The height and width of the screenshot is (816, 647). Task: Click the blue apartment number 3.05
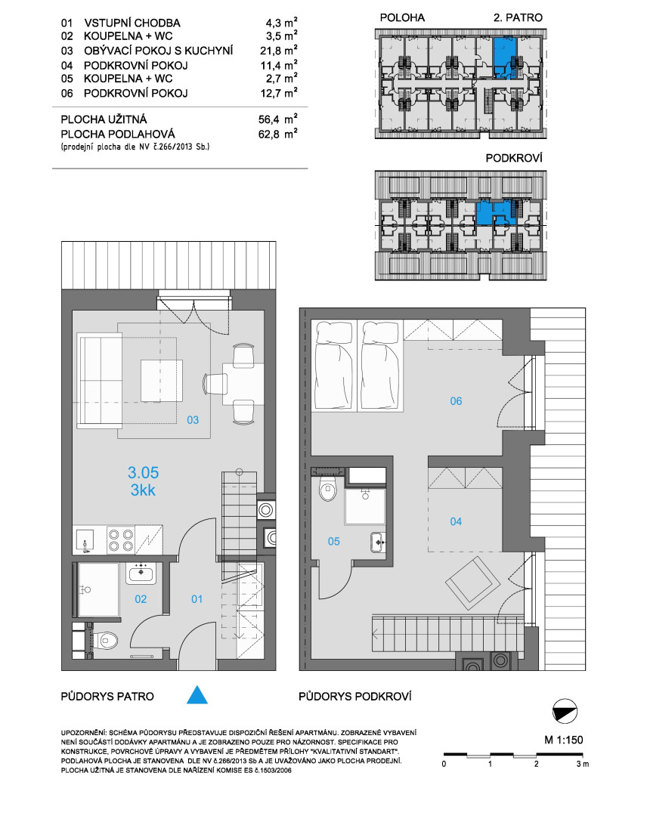pos(143,472)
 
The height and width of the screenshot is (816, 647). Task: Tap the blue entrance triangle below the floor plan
pos(197,695)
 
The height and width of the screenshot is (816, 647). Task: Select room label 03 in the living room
pos(193,420)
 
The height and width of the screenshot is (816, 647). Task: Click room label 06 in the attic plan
pos(456,400)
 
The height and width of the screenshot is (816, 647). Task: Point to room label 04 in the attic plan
pos(456,521)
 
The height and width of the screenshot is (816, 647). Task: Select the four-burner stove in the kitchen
pos(120,539)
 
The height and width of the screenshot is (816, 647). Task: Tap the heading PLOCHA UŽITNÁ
pos(104,119)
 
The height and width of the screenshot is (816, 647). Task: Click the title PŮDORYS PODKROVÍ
pos(355,697)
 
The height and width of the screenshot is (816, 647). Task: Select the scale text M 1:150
pos(564,740)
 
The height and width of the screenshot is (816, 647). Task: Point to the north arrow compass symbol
pos(565,712)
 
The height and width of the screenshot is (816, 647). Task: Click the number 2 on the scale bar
pos(536,764)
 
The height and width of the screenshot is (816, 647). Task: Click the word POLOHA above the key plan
pos(402,17)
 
